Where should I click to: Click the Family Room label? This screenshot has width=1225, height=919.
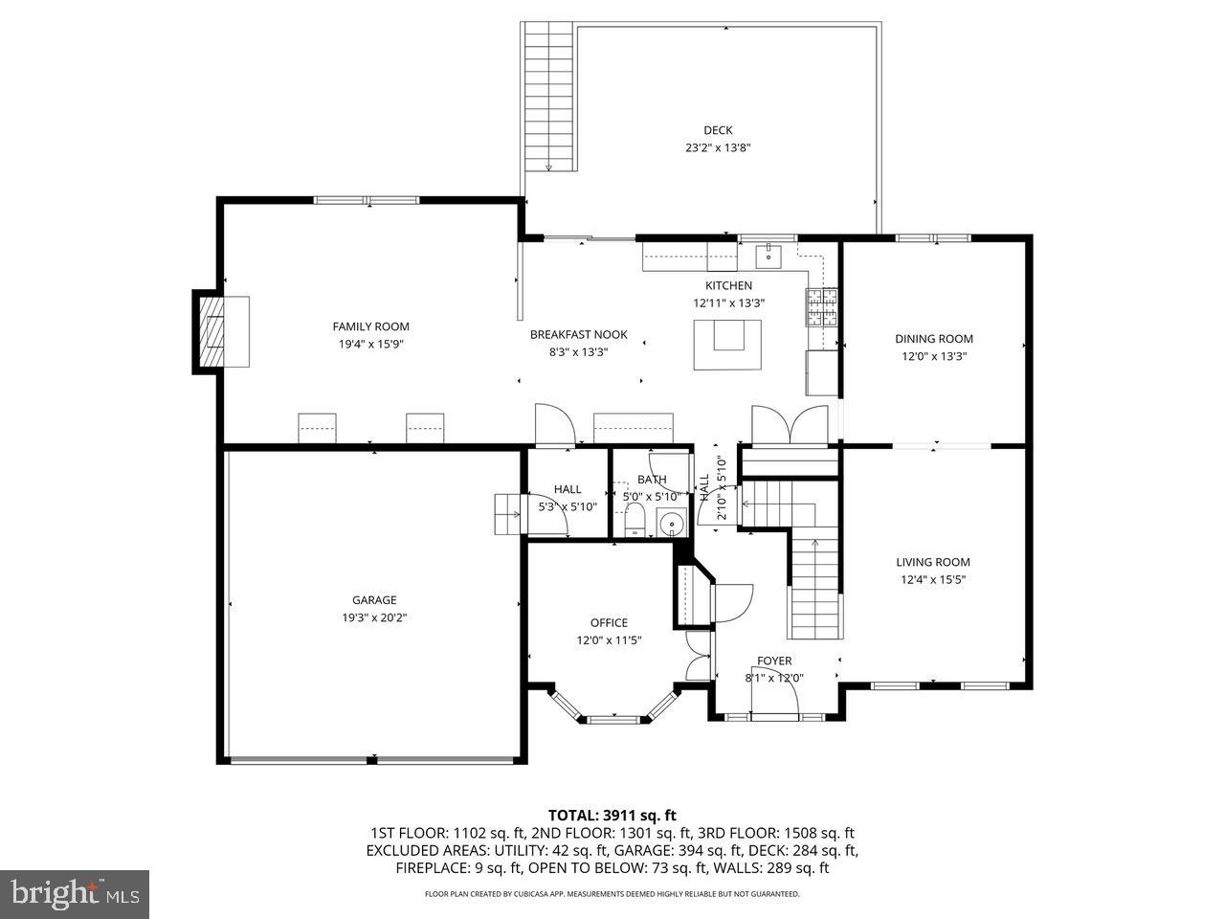[370, 326]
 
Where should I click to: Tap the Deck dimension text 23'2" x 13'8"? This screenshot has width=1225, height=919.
[718, 148]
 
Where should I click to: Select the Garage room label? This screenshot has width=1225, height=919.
[373, 600]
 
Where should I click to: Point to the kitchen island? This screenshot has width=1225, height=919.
[728, 344]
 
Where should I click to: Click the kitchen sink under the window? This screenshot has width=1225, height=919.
[768, 256]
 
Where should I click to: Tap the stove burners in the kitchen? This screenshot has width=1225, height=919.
[821, 307]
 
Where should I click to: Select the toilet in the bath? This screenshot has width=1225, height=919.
[634, 523]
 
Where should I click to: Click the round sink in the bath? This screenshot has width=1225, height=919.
[674, 524]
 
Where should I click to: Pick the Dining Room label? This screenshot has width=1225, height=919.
[933, 339]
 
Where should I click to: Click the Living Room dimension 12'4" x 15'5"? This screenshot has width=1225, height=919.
[933, 579]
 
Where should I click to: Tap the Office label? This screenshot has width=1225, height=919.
[609, 623]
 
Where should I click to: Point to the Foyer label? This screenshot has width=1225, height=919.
[774, 661]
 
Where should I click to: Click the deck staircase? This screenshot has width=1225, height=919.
[549, 96]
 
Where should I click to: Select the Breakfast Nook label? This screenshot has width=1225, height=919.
[579, 334]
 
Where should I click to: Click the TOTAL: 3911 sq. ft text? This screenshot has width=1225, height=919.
[612, 816]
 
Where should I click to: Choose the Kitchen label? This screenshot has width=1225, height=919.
[728, 285]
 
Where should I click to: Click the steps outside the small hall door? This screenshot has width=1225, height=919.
[505, 515]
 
